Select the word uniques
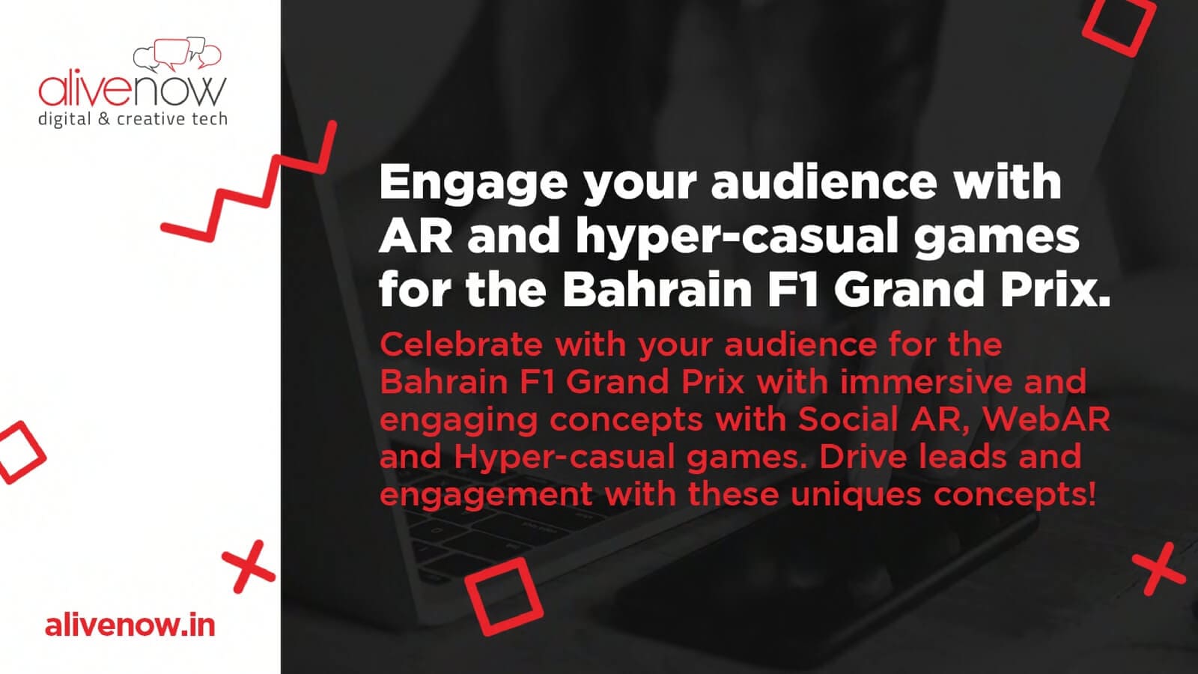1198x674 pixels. pyautogui.click(x=857, y=495)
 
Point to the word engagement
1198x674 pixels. pyautogui.click(x=486, y=496)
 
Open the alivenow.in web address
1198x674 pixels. pyautogui.click(x=130, y=625)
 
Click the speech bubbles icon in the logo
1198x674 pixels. pyautogui.click(x=177, y=54)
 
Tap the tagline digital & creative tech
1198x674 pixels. pyautogui.click(x=133, y=119)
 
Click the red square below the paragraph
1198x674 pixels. pyautogui.click(x=504, y=596)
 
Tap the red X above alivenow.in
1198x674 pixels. pyautogui.click(x=249, y=566)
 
